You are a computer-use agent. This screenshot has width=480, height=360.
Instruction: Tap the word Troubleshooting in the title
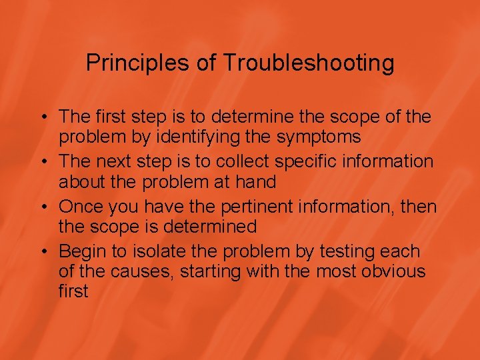click(309, 64)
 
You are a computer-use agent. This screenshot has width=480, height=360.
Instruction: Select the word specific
click(321, 162)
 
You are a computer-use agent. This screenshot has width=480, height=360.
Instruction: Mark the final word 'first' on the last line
click(73, 291)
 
